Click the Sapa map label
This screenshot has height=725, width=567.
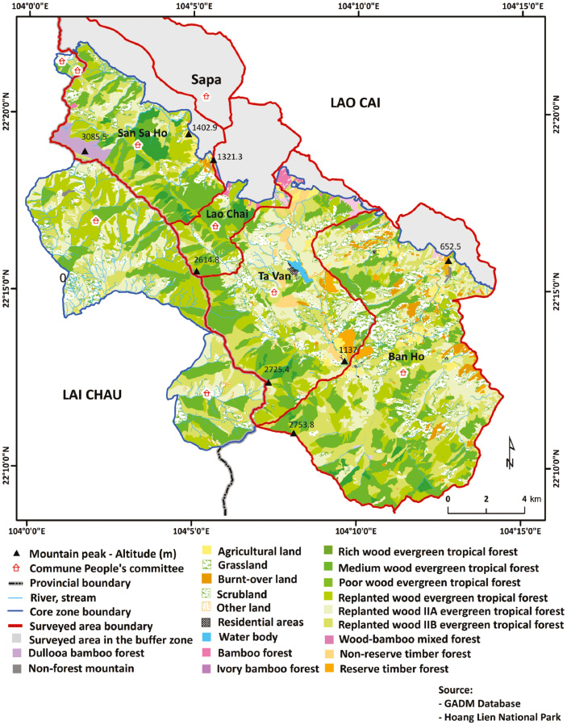pyautogui.click(x=206, y=79)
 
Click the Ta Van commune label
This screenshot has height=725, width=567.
pyautogui.click(x=273, y=277)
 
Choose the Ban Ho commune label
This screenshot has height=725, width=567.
pyautogui.click(x=406, y=356)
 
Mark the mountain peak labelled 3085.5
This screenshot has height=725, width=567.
pyautogui.click(x=85, y=151)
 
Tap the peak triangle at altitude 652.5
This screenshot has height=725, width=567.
pyautogui.click(x=448, y=260)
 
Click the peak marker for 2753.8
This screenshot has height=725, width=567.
pyautogui.click(x=294, y=434)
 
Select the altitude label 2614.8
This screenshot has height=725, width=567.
pyautogui.click(x=206, y=259)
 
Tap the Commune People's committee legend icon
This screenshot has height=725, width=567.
pyautogui.click(x=20, y=568)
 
